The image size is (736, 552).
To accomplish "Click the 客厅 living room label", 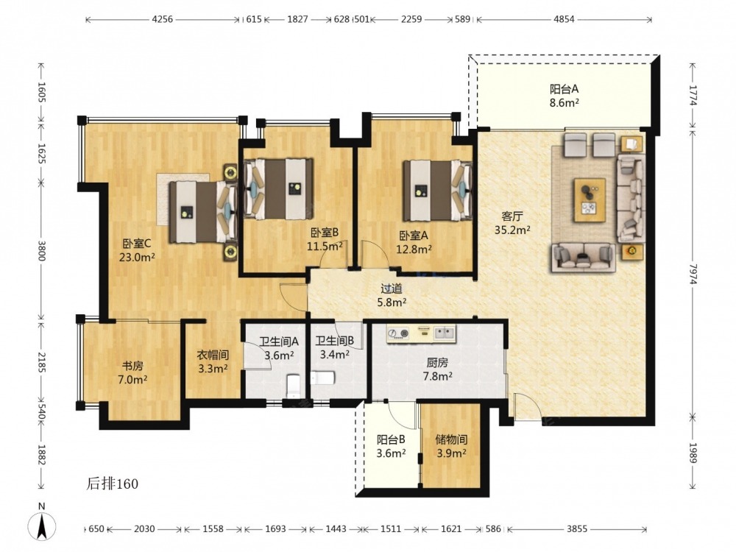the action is tap(512, 216).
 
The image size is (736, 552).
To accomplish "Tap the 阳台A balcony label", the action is tap(564, 89).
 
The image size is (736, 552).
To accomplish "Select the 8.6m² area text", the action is tap(564, 102).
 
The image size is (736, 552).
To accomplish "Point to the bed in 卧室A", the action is tap(437, 190).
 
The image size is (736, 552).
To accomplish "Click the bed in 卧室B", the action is tap(278, 188).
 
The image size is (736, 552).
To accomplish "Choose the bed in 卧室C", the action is tap(203, 212).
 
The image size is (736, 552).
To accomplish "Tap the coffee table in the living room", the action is tap(590, 200).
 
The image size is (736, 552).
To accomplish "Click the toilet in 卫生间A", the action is tap(293, 385).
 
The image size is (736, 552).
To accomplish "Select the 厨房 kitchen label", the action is tap(437, 362).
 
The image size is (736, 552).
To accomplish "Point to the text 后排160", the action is tap(112, 484).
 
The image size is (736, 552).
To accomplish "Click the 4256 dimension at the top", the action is tap(163, 19).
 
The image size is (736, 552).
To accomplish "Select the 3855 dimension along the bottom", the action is tap(576, 529).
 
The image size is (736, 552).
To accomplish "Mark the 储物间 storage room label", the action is tap(451, 440).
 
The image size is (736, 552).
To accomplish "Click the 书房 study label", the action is tap(132, 366).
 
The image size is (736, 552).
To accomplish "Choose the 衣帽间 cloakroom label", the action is tap(213, 355).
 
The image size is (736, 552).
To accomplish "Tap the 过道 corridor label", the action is tap(392, 289).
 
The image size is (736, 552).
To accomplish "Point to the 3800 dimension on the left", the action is tap(41, 251).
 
